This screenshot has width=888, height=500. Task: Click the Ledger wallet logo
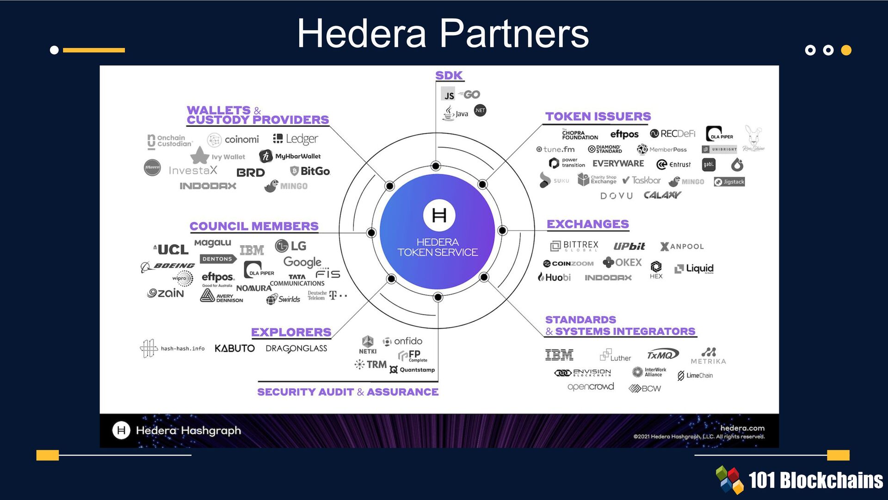(296, 139)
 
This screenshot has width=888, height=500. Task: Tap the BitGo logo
(310, 171)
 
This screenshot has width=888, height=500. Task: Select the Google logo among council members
(302, 262)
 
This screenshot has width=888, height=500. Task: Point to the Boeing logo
(168, 266)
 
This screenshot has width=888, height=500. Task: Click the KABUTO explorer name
(234, 348)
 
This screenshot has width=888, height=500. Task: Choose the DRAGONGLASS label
(296, 349)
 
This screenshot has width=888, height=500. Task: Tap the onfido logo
(402, 341)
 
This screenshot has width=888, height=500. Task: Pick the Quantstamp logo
(413, 369)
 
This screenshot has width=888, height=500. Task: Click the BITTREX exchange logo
(574, 245)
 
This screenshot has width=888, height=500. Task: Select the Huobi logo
(555, 277)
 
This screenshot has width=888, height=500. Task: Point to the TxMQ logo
(662, 355)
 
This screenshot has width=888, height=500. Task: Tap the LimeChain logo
(695, 375)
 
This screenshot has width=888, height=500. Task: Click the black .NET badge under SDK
(480, 110)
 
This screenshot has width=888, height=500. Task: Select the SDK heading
(449, 75)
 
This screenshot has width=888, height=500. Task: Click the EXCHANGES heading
(587, 224)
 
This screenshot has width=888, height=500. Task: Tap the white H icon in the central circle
(439, 215)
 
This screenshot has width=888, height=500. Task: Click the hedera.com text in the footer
(742, 428)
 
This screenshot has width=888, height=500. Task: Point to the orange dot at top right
(846, 50)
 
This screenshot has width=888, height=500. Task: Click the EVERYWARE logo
(618, 163)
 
